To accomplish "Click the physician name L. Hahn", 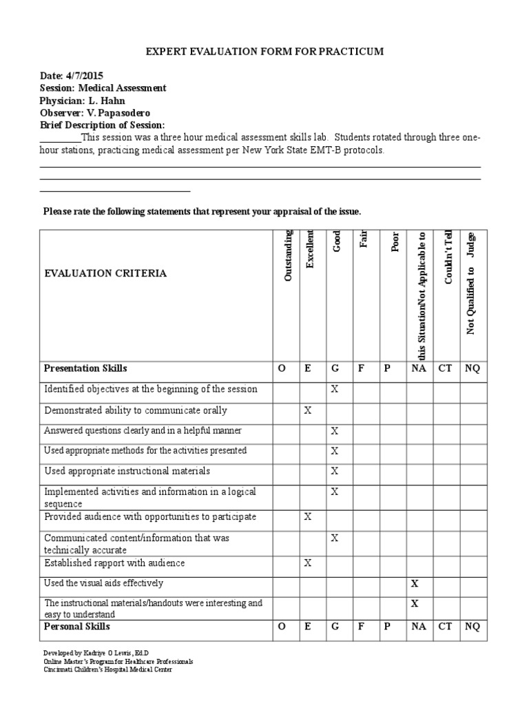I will pyautogui.click(x=108, y=101).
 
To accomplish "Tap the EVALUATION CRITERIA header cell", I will pyautogui.click(x=105, y=274).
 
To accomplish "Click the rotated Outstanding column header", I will pyautogui.click(x=288, y=255).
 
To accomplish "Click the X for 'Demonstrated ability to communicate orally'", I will pyautogui.click(x=308, y=411).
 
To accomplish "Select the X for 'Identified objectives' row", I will pyautogui.click(x=335, y=390).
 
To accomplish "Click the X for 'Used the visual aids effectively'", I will pyautogui.click(x=415, y=583).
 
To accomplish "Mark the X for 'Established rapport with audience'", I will pyautogui.click(x=308, y=563).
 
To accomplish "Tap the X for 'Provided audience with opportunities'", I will pyautogui.click(x=308, y=517).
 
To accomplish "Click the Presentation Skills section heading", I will pyautogui.click(x=85, y=369).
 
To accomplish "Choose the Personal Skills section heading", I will pyautogui.click(x=77, y=627).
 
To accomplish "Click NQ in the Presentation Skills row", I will pyautogui.click(x=472, y=369).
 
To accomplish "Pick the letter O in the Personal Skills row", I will pyautogui.click(x=281, y=627).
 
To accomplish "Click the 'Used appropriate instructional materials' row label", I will pyautogui.click(x=127, y=472).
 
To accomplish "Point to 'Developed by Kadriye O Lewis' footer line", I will pyautogui.click(x=96, y=652).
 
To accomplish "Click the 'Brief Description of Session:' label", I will pyautogui.click(x=103, y=125).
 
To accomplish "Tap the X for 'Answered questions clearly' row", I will pyautogui.click(x=335, y=431).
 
